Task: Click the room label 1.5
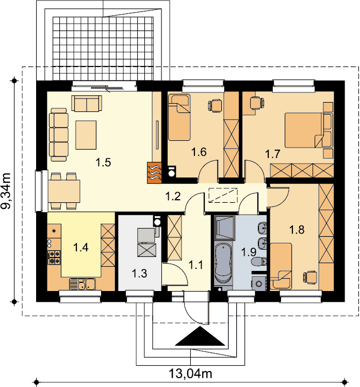(103, 163)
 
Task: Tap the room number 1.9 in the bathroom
(249, 252)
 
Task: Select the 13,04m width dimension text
(190, 374)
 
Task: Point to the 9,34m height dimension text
(6, 190)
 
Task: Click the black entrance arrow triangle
(200, 336)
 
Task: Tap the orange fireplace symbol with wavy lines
(154, 172)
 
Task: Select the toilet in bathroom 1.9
(258, 262)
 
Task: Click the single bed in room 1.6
(179, 117)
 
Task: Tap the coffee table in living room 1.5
(86, 135)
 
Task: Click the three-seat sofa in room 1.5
(59, 135)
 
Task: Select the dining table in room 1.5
(64, 191)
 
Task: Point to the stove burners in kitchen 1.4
(54, 257)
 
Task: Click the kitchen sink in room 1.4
(83, 284)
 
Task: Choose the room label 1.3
(139, 273)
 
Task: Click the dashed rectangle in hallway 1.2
(223, 195)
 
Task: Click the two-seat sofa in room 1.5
(87, 103)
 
